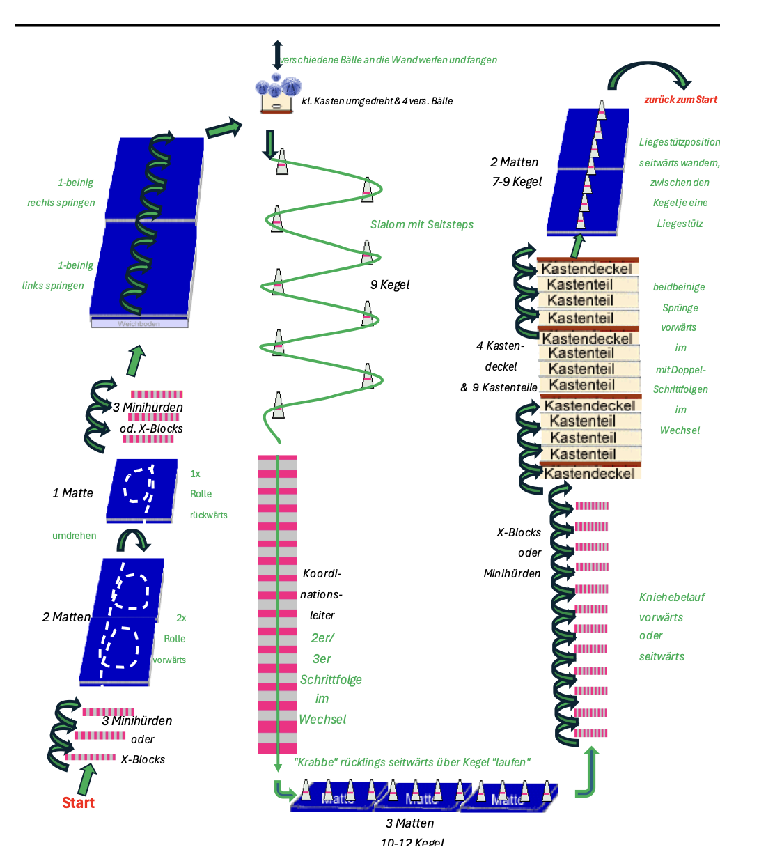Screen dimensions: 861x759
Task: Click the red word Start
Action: point(78,802)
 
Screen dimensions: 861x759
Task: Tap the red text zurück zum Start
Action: point(680,100)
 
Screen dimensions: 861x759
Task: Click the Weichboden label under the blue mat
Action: point(139,323)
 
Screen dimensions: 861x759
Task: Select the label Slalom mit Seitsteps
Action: point(421,224)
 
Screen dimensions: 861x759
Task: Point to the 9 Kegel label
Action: point(390,284)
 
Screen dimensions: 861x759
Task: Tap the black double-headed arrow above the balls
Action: point(277,54)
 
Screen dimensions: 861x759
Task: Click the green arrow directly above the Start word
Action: point(87,779)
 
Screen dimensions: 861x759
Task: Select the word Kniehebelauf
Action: point(672,597)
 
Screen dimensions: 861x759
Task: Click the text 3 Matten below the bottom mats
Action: point(409,823)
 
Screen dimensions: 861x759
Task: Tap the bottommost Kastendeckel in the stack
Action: point(589,473)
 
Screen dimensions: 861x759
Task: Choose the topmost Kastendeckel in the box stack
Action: point(586,268)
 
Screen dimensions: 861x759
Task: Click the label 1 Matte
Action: point(72,493)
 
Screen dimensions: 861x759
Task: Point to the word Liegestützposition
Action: point(680,142)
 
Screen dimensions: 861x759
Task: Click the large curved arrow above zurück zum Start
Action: point(648,75)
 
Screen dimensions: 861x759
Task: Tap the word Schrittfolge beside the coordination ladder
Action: point(331,679)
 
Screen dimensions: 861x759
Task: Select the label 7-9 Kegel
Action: point(517,182)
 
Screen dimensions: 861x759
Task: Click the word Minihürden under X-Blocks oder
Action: point(512,573)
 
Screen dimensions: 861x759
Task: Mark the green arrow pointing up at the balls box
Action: point(224,128)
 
